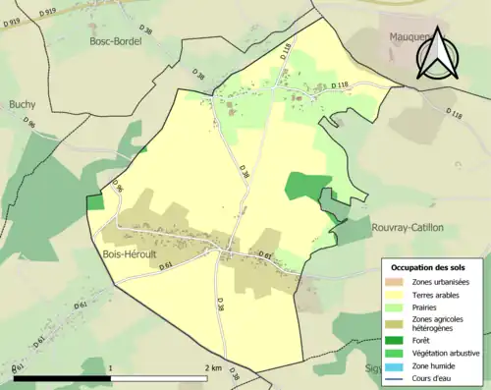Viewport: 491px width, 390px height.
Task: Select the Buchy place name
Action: click(22, 103)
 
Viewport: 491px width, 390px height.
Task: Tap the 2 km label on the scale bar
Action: click(213, 367)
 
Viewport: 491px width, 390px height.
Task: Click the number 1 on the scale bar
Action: click(110, 367)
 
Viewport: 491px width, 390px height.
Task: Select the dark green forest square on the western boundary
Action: click(95, 202)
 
